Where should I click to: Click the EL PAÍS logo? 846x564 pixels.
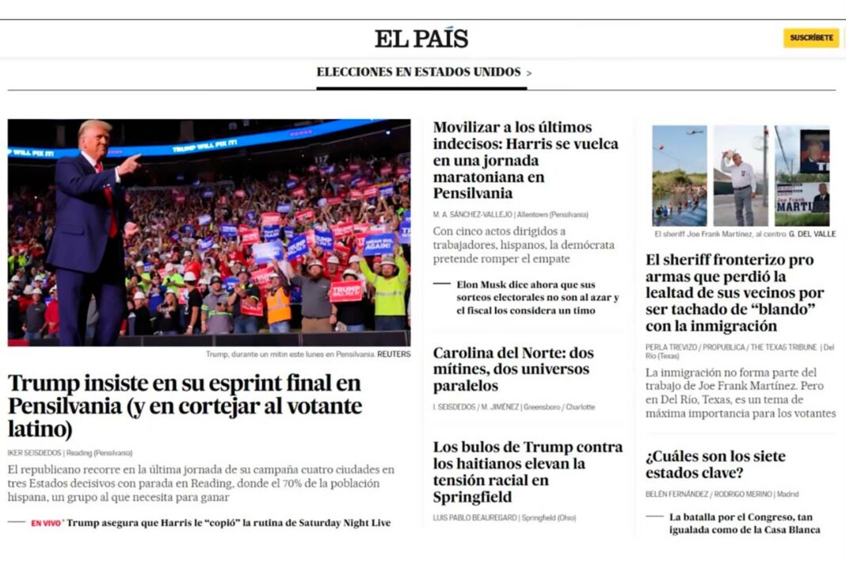[x=421, y=38]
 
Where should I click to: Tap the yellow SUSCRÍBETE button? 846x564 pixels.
[x=811, y=38]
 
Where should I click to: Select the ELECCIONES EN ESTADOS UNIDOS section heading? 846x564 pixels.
[x=418, y=72]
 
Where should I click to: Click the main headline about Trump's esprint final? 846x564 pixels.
[x=185, y=406]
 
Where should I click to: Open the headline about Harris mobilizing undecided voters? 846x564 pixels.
[x=526, y=160]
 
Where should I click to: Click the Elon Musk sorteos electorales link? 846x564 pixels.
[x=538, y=297]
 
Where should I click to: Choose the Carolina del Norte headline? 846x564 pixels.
[x=513, y=369]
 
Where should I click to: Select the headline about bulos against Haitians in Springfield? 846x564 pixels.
[x=528, y=471]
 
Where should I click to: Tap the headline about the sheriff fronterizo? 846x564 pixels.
[x=734, y=292]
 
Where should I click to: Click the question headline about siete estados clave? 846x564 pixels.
[x=715, y=464]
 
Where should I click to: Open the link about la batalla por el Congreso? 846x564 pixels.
[x=744, y=523]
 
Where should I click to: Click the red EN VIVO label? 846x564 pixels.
[x=47, y=524]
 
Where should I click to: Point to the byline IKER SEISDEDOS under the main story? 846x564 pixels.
[x=35, y=453]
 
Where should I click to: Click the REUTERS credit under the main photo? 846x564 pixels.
[x=394, y=354]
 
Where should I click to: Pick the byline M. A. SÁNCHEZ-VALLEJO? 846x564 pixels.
[x=472, y=215]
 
